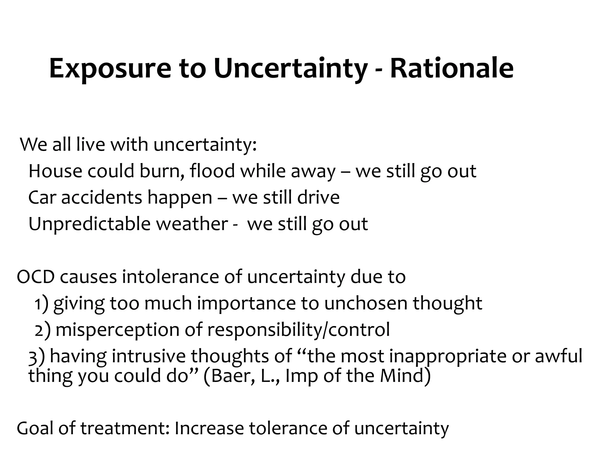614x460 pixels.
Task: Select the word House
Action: [55, 171]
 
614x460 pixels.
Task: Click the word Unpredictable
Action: [89, 224]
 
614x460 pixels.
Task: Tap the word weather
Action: [192, 224]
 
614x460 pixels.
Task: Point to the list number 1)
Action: [41, 304]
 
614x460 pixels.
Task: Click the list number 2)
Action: [42, 330]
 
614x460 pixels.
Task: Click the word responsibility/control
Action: [298, 330]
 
